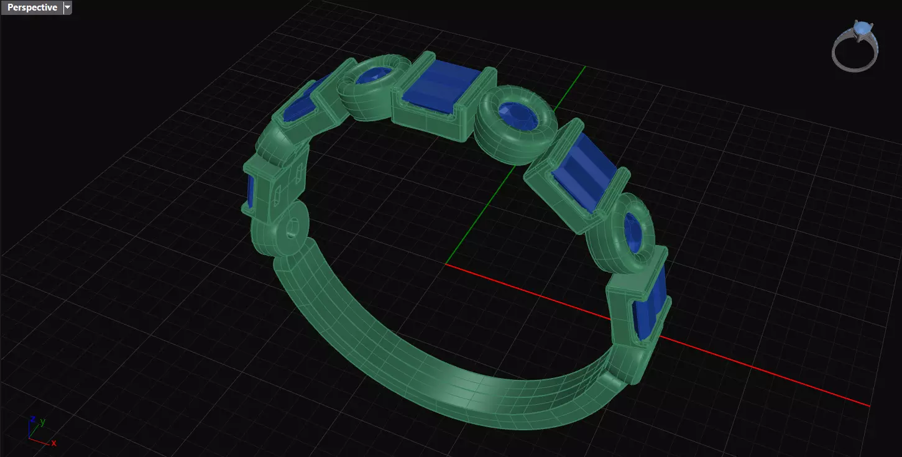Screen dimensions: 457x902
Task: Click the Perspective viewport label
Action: [32, 7]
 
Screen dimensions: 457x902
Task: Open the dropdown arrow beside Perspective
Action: [67, 7]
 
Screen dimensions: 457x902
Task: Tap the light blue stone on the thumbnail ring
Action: [862, 29]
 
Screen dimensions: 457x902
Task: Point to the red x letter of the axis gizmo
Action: [54, 443]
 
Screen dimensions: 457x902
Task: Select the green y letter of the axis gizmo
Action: [42, 422]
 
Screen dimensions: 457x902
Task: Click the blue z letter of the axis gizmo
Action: [32, 418]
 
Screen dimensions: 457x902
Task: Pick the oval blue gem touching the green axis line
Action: [515, 117]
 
